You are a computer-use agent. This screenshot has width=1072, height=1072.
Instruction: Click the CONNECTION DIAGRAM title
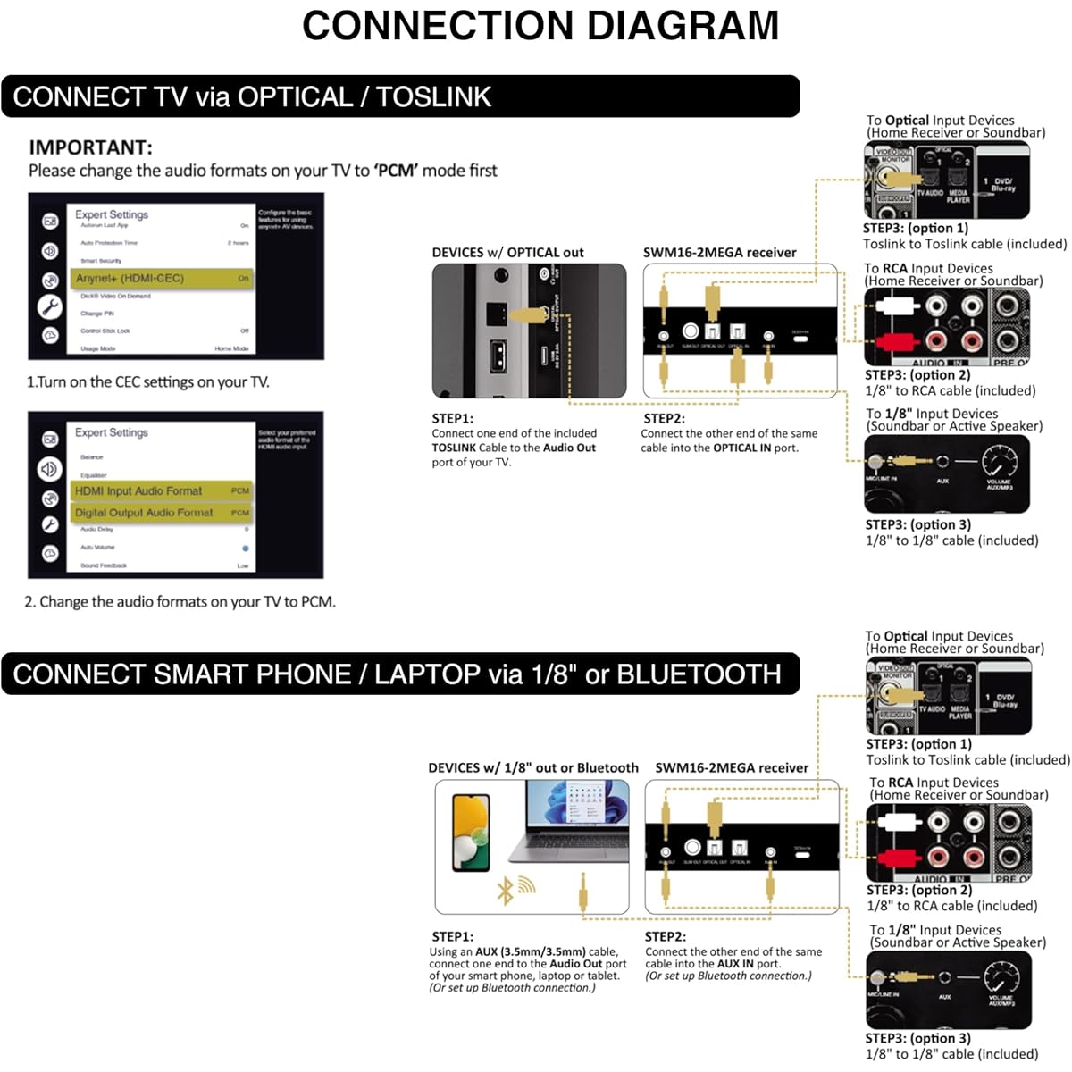pyautogui.click(x=540, y=26)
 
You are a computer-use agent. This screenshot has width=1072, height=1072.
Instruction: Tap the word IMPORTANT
pyautogui.click(x=90, y=147)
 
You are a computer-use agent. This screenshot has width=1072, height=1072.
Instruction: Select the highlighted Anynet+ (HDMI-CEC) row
pyautogui.click(x=162, y=279)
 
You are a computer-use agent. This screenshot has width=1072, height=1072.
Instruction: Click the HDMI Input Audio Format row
pyautogui.click(x=162, y=490)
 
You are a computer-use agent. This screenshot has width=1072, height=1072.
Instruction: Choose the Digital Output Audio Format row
pyautogui.click(x=162, y=513)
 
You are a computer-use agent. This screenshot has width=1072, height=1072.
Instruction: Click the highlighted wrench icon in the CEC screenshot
pyautogui.click(x=50, y=307)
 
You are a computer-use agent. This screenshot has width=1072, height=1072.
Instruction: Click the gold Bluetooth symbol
pyautogui.click(x=506, y=890)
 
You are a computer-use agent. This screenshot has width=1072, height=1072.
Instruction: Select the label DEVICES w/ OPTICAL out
pyautogui.click(x=507, y=253)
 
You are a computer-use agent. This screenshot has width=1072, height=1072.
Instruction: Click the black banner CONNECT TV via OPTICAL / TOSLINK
pyautogui.click(x=400, y=96)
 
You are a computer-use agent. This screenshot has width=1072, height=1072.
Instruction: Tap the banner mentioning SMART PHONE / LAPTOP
pyautogui.click(x=400, y=674)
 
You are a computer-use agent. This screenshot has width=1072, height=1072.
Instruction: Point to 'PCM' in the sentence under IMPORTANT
pyautogui.click(x=396, y=171)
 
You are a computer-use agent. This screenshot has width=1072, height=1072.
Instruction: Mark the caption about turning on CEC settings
pyautogui.click(x=147, y=382)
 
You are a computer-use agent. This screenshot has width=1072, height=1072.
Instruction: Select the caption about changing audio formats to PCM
pyautogui.click(x=180, y=602)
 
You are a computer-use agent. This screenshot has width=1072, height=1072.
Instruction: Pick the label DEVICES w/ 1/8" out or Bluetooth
pyautogui.click(x=533, y=768)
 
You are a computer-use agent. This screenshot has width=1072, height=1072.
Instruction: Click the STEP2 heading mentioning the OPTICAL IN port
pyautogui.click(x=664, y=418)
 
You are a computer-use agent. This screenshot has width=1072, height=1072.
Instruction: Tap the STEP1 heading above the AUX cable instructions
pyautogui.click(x=452, y=936)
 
